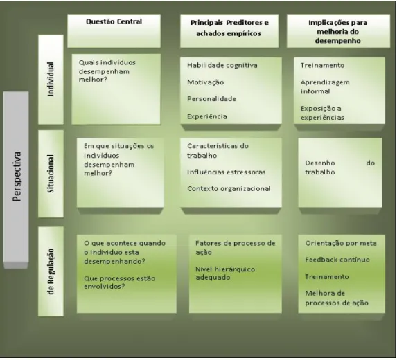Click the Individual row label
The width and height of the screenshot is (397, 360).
[x=51, y=80]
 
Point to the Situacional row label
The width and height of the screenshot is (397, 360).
[x=51, y=174]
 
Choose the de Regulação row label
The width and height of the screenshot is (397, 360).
[x=51, y=271]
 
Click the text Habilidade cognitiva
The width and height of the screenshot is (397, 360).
[x=222, y=66]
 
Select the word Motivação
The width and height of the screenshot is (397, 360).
[x=205, y=82]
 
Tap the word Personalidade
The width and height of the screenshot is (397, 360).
[x=211, y=99]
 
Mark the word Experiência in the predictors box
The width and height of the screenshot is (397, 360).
[x=207, y=116]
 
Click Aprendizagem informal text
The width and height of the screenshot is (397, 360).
[x=325, y=87]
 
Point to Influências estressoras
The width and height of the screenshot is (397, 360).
[x=227, y=172]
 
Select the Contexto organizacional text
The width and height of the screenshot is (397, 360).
[x=229, y=189]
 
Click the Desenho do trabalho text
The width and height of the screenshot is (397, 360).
[x=339, y=168]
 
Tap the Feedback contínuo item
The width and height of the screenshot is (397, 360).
[x=337, y=260]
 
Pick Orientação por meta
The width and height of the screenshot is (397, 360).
[x=341, y=244]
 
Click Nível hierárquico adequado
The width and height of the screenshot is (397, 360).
[x=225, y=273]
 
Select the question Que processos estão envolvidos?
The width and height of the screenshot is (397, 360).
[x=119, y=282]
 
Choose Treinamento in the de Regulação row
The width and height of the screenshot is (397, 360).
[x=326, y=276]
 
